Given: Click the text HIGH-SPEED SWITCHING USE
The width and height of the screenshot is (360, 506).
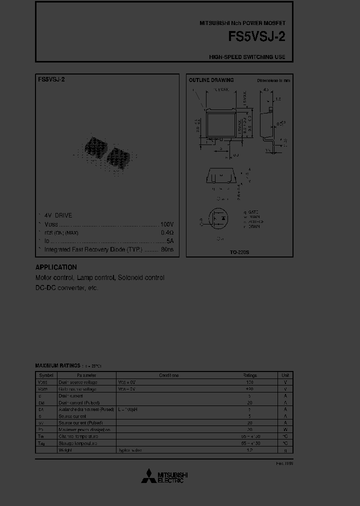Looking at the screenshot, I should [x=247, y=57].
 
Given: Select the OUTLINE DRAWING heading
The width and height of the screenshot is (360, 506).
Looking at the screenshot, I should [x=211, y=80].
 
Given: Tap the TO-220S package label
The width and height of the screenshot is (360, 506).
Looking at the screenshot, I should [x=239, y=252].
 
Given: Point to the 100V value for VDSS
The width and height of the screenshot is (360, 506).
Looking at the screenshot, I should [x=166, y=224].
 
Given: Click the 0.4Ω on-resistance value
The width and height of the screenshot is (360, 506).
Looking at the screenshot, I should [x=167, y=232].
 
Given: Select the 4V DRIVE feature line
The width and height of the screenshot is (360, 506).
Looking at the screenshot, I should [x=58, y=215].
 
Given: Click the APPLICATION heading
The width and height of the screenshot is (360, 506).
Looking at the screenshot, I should [x=56, y=267].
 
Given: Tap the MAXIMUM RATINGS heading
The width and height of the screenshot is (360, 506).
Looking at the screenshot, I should [x=58, y=366].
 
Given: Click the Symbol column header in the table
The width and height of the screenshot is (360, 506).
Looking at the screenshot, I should [x=46, y=375].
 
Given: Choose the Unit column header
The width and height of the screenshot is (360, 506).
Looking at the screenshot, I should [x=285, y=375].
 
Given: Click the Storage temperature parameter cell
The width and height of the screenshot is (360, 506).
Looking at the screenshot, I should [x=78, y=443].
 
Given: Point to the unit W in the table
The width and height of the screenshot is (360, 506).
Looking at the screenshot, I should [x=285, y=429].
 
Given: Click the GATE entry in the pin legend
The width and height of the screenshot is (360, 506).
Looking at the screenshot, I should [x=252, y=212].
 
